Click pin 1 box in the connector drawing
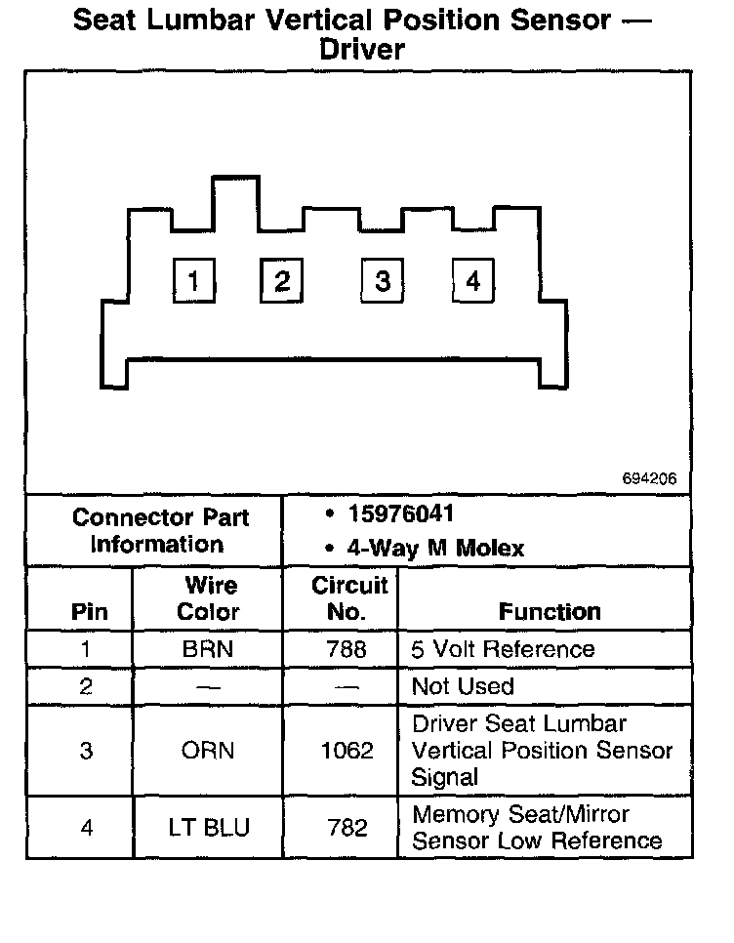(193, 281)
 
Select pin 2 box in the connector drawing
(281, 281)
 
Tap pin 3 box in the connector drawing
(382, 281)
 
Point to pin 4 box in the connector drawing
(472, 281)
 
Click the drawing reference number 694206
(649, 480)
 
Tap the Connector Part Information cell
(160, 531)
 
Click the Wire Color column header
(209, 598)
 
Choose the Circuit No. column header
(348, 598)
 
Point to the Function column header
(550, 612)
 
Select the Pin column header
(89, 612)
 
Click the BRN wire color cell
(208, 649)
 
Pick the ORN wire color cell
(208, 751)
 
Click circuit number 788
(347, 649)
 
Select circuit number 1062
(347, 751)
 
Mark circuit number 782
(347, 828)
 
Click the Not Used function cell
(463, 686)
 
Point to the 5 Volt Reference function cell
(503, 649)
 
